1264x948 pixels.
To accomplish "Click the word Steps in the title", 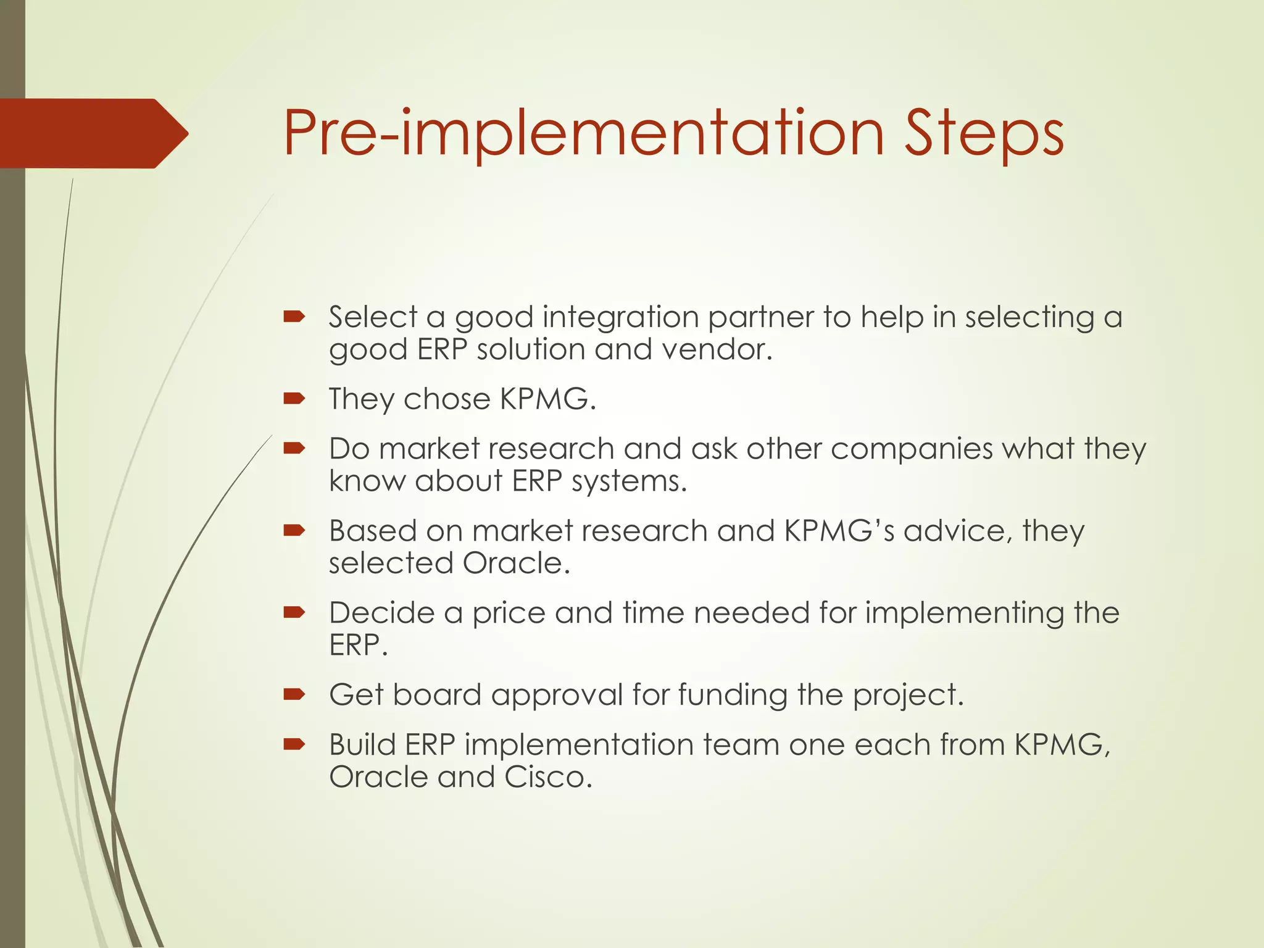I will coord(984,135).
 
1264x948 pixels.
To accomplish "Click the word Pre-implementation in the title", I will coord(584,135).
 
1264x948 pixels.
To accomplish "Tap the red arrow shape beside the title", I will coord(93,133).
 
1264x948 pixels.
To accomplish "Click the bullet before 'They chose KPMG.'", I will coord(294,399).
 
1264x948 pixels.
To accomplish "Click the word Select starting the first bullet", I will coord(372,317).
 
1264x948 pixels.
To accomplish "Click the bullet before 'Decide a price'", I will coord(294,613).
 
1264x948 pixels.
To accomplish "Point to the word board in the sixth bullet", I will coord(436,695).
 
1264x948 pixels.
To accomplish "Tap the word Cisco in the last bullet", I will coord(547,777).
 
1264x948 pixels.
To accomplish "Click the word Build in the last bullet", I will coord(362,744).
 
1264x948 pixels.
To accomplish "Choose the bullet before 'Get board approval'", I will coord(294,695).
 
